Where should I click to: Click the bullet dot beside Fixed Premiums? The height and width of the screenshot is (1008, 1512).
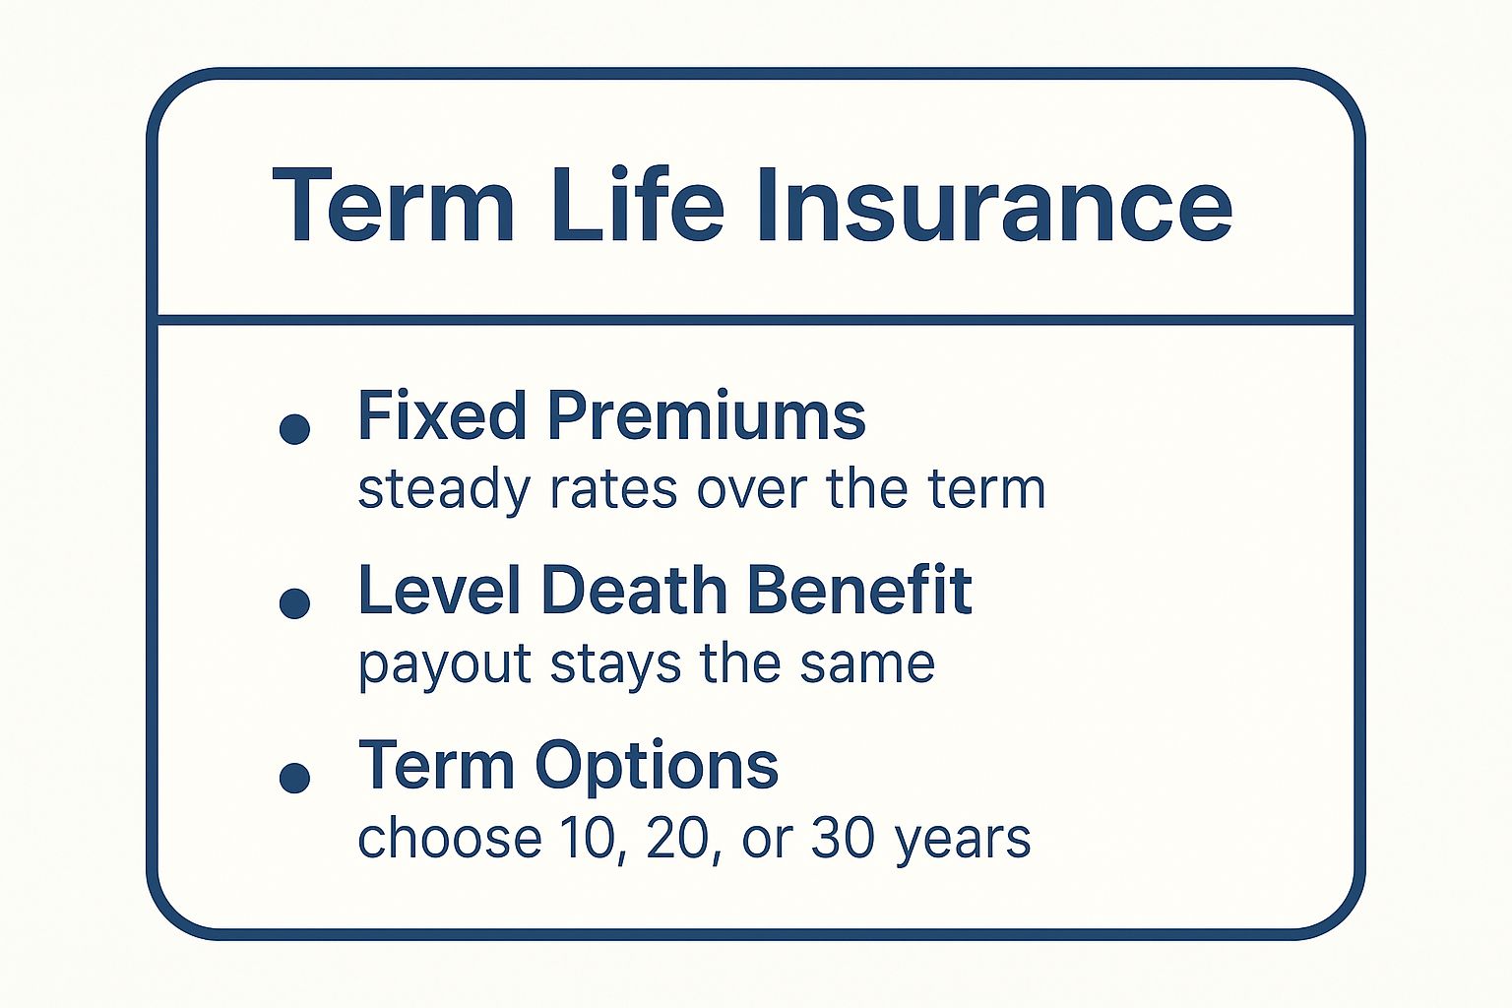coord(295,429)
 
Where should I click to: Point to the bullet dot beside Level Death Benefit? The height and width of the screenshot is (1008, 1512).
coord(295,603)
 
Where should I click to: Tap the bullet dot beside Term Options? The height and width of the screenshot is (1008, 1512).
coord(295,778)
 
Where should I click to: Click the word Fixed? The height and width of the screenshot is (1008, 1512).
coord(442,415)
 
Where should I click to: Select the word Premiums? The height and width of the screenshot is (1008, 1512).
coord(706,415)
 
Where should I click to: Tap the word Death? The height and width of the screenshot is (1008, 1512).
coord(634,591)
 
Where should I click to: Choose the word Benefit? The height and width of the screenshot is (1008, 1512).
coord(859,591)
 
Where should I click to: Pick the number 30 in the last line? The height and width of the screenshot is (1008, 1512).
coord(843,839)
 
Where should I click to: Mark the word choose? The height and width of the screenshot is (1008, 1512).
coord(449,839)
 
